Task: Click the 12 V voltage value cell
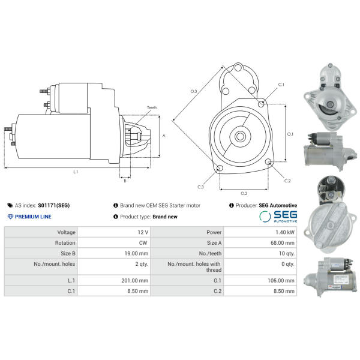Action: pos(143,232)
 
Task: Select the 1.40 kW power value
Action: pos(285,232)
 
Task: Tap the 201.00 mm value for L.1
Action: pos(135,281)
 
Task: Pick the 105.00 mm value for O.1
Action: pos(281,281)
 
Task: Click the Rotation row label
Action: pos(65,243)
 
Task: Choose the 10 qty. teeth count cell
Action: pos(287,253)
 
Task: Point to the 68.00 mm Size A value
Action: pos(283,243)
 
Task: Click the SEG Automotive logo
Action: pos(278,217)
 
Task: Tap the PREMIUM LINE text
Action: pos(33,217)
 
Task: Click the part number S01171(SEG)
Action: pos(54,205)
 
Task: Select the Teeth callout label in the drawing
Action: pos(152,107)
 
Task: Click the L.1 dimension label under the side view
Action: pos(76,172)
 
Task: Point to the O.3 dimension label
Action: pos(194,91)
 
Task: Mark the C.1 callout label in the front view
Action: pos(281,85)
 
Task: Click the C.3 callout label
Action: pos(200,187)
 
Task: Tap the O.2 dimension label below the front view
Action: pos(244,193)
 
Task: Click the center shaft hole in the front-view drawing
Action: pos(240,137)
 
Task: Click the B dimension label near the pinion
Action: pos(125,181)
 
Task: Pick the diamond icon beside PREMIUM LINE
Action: pos(10,217)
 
